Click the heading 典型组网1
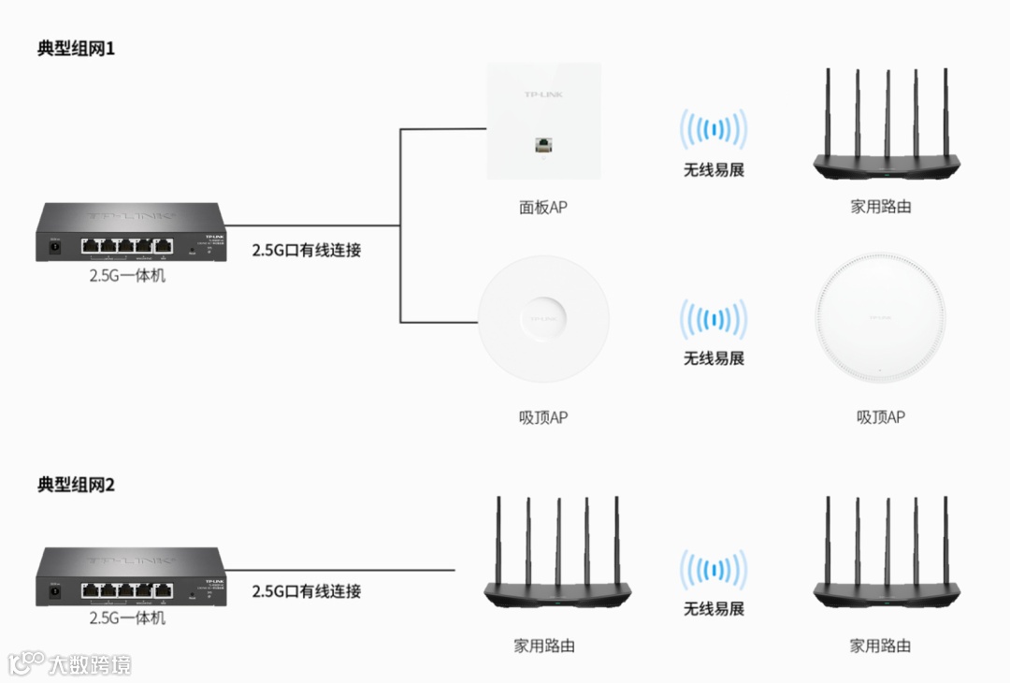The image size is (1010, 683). coord(76,49)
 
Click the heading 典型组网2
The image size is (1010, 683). coord(76,485)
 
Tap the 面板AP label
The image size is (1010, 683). coord(543,207)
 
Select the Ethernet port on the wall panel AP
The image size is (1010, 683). coord(542,145)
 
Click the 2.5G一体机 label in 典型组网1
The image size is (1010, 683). coord(127,275)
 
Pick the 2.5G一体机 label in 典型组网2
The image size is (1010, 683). coord(127,618)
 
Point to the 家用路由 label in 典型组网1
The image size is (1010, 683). coord(880,207)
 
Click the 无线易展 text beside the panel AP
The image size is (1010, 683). coord(714,170)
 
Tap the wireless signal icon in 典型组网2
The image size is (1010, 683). coord(714,571)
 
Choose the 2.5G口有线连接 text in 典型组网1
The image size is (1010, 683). coord(306,250)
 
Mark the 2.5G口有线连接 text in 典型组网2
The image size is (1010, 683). coord(306,590)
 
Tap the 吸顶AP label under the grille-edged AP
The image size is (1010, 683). coord(880,417)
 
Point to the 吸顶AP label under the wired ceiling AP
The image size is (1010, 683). coord(543,417)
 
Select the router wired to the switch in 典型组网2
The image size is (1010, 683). coord(557,561)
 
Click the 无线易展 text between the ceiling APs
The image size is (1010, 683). coord(714,358)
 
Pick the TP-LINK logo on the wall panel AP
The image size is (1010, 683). coord(542,95)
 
